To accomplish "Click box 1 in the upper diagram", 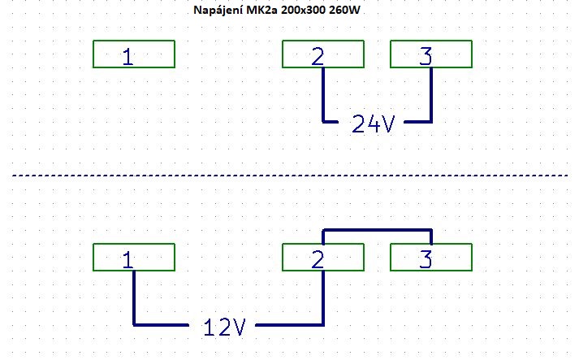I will point(133,54).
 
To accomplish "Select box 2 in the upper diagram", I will point(322,54).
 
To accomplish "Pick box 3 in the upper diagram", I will point(430,54).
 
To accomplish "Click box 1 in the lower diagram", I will point(133,258).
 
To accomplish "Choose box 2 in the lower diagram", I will point(322,258).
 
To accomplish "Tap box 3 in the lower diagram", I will point(430,258).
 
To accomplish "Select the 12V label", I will point(223,327).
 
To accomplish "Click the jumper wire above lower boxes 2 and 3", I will point(377,230).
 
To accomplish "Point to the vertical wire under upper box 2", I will point(323,95).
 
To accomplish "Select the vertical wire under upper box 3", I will point(431,95).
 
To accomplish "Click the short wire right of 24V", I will point(417,122).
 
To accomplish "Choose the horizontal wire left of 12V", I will point(162,325).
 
